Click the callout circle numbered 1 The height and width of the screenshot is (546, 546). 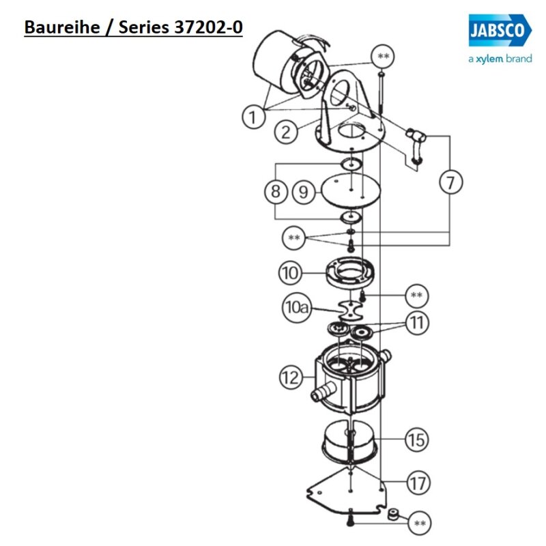click(253, 117)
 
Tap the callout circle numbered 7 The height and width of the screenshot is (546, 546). click(450, 183)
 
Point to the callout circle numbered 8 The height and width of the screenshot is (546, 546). click(275, 192)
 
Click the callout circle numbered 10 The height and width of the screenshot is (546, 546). click(289, 274)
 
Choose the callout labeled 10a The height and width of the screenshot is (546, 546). click(298, 308)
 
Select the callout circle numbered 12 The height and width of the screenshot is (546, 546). click(291, 377)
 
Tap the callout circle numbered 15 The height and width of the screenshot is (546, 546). click(416, 439)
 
